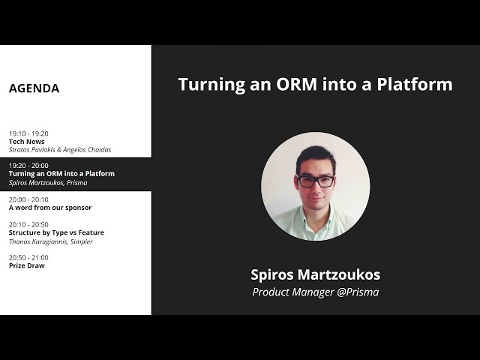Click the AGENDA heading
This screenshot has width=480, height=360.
pyautogui.click(x=34, y=88)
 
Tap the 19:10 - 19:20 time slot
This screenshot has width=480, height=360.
pyautogui.click(x=28, y=133)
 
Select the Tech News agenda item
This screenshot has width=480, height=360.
pyautogui.click(x=26, y=142)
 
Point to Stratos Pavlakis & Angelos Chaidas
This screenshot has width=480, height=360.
pyautogui.click(x=59, y=150)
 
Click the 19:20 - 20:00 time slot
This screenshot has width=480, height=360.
pyautogui.click(x=28, y=165)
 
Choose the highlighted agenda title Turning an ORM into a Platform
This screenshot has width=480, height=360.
pyautogui.click(x=61, y=173)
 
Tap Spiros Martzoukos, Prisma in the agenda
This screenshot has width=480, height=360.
pyautogui.click(x=48, y=182)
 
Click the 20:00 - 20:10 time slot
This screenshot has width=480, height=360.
pyautogui.click(x=28, y=199)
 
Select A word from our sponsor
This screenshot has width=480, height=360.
pyautogui.click(x=50, y=208)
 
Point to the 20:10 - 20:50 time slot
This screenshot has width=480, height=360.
pyautogui.click(x=28, y=224)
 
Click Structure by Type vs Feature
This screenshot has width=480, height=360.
pyautogui.click(x=56, y=232)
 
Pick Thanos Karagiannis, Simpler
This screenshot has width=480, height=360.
pyautogui.click(x=51, y=241)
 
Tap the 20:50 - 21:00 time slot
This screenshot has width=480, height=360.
pyautogui.click(x=28, y=257)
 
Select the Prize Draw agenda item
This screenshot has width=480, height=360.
pyautogui.click(x=26, y=265)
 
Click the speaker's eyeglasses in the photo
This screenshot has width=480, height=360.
pyautogui.click(x=316, y=181)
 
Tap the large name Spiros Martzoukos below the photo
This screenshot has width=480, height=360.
pyautogui.click(x=315, y=274)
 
